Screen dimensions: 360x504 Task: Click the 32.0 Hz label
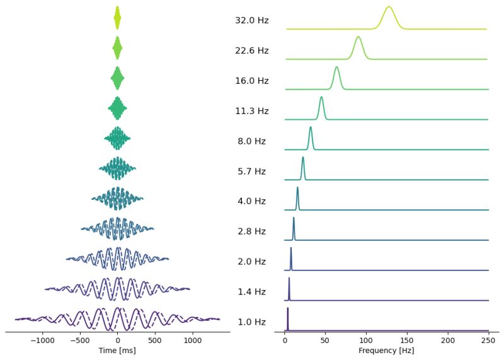[251, 20]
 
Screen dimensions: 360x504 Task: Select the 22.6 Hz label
[251, 50]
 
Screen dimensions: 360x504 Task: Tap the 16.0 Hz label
[251, 81]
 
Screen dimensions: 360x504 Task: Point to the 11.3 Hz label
[251, 111]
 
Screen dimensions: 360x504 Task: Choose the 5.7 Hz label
[251, 171]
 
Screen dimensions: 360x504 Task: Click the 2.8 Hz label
[251, 231]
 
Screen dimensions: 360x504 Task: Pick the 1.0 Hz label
[251, 322]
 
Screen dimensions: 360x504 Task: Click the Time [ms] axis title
[117, 350]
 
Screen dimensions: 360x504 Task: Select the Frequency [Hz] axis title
[387, 350]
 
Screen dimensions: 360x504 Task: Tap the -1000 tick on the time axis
[42, 339]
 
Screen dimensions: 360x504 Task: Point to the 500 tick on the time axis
[155, 339]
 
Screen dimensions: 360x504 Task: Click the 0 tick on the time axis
[117, 339]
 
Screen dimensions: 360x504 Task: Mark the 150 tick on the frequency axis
[407, 339]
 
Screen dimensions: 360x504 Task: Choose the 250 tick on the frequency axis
[488, 339]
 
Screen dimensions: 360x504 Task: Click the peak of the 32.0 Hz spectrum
[389, 6]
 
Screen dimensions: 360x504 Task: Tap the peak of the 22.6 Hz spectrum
[358, 37]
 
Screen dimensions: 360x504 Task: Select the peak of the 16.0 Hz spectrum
[337, 67]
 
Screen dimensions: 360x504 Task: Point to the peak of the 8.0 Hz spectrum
[311, 127]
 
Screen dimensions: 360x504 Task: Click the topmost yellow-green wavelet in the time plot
[117, 18]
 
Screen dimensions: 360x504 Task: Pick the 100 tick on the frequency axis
[366, 339]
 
